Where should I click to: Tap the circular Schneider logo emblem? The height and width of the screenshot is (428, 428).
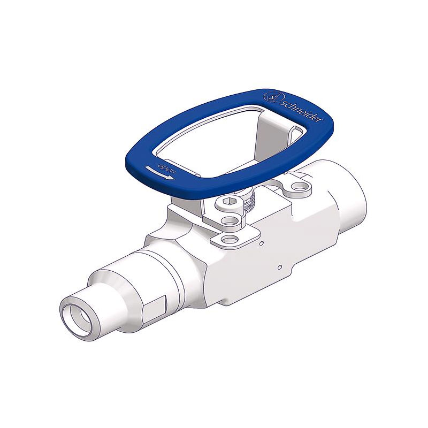click(x=274, y=97)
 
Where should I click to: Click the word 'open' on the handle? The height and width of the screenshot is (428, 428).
click(x=166, y=168)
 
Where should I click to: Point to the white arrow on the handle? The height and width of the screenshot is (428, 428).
click(x=159, y=173)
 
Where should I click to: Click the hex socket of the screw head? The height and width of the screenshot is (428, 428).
click(x=228, y=202)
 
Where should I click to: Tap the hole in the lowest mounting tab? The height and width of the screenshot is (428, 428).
click(x=230, y=240)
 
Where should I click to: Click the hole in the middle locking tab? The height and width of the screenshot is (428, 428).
click(x=230, y=220)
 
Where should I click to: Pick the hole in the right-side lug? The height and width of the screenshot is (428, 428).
click(x=300, y=187)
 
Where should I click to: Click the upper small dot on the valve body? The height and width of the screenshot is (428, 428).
click(x=262, y=243)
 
